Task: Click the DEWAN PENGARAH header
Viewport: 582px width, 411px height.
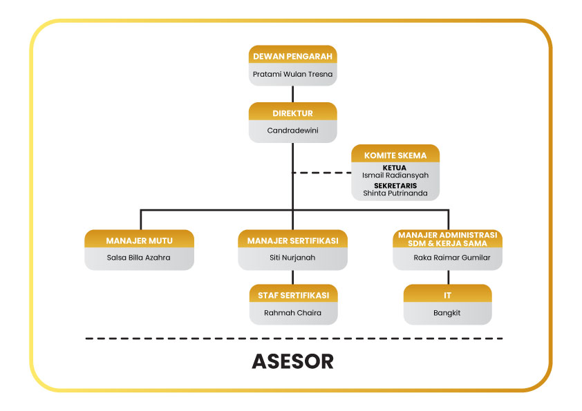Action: pos(293,57)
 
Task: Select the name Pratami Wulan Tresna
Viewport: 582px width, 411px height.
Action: pos(293,73)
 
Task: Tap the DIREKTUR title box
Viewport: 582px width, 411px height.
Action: pos(293,113)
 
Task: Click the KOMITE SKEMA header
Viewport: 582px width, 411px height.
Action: pos(395,155)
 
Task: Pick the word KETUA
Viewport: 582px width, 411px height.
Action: pos(395,167)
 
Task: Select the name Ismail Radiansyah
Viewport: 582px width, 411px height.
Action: pos(395,175)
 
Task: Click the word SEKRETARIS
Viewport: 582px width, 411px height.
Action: pos(395,185)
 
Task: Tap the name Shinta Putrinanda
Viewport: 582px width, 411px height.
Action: pos(395,193)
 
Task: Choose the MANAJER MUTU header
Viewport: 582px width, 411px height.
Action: pos(140,240)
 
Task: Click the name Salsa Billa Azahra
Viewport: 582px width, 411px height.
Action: pos(139,258)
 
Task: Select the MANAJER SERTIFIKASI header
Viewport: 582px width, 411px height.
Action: pos(292,240)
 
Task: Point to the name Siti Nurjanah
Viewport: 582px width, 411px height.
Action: pos(292,258)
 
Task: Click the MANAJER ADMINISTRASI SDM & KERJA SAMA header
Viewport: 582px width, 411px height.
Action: pos(448,238)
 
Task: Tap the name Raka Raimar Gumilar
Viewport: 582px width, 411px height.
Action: pos(448,258)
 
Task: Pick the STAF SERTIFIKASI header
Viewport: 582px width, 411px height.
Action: pos(293,295)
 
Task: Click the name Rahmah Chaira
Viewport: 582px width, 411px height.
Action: pos(293,312)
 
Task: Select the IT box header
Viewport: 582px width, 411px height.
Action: pos(448,295)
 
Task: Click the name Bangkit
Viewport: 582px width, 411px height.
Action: pos(448,312)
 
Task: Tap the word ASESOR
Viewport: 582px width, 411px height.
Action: pos(292,361)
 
